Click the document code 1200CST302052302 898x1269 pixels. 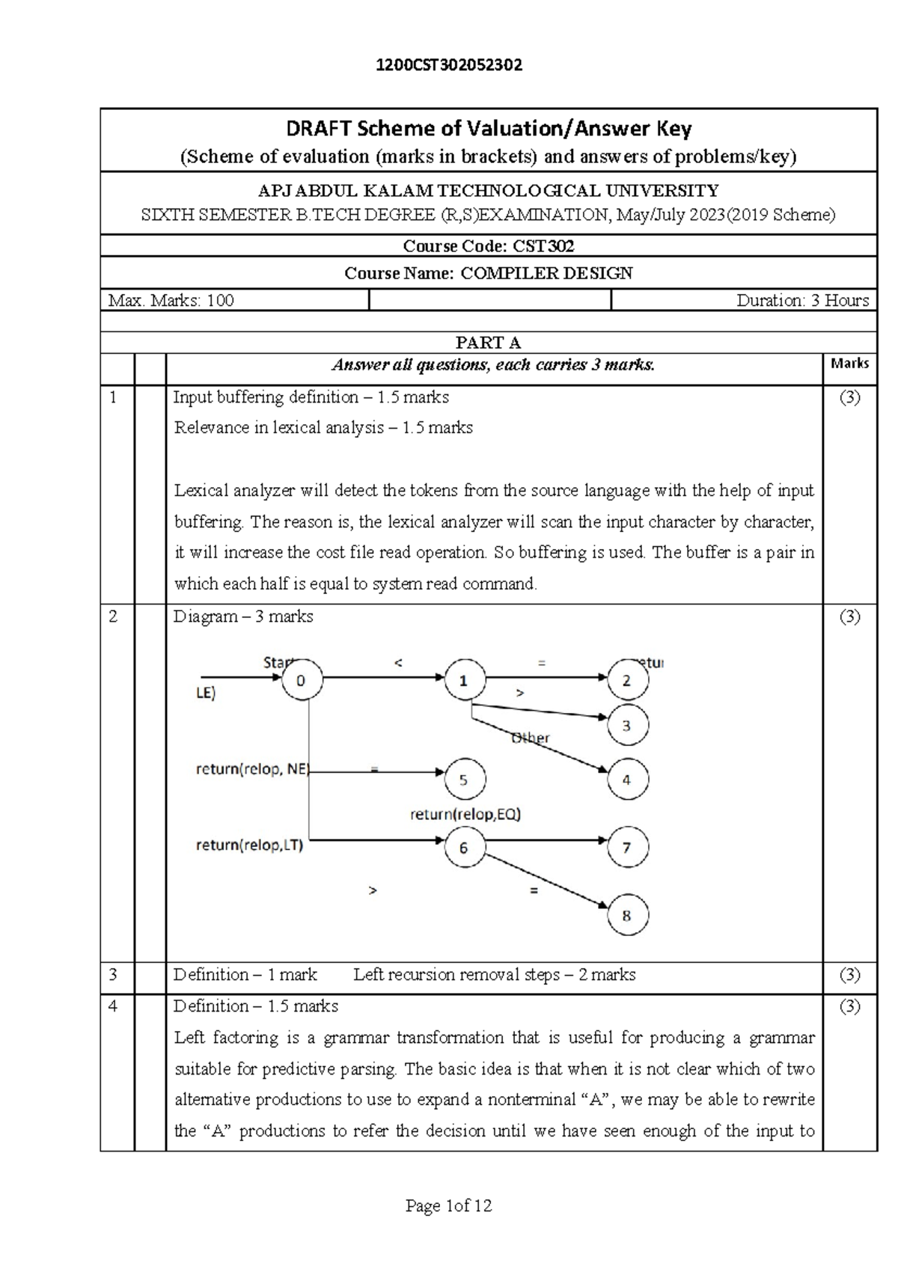(x=449, y=65)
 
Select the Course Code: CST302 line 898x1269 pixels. (x=488, y=246)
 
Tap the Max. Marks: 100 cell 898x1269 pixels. (x=171, y=301)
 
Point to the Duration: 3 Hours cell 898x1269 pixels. (x=802, y=301)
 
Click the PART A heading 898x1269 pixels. (x=488, y=343)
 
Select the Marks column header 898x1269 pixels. (x=849, y=364)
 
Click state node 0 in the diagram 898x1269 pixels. (x=302, y=679)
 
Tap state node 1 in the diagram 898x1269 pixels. (x=464, y=680)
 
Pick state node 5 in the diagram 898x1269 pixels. (x=464, y=780)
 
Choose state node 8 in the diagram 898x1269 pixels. (x=627, y=915)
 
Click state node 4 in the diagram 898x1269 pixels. (x=627, y=780)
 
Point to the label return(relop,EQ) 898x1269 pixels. (x=465, y=814)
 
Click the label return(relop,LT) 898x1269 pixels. (x=249, y=846)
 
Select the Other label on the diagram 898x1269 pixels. (x=530, y=738)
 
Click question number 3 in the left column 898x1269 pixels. (x=114, y=974)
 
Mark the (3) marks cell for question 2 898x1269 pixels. (x=849, y=617)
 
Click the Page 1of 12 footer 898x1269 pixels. (x=448, y=1205)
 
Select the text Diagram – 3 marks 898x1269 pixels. (x=243, y=617)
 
